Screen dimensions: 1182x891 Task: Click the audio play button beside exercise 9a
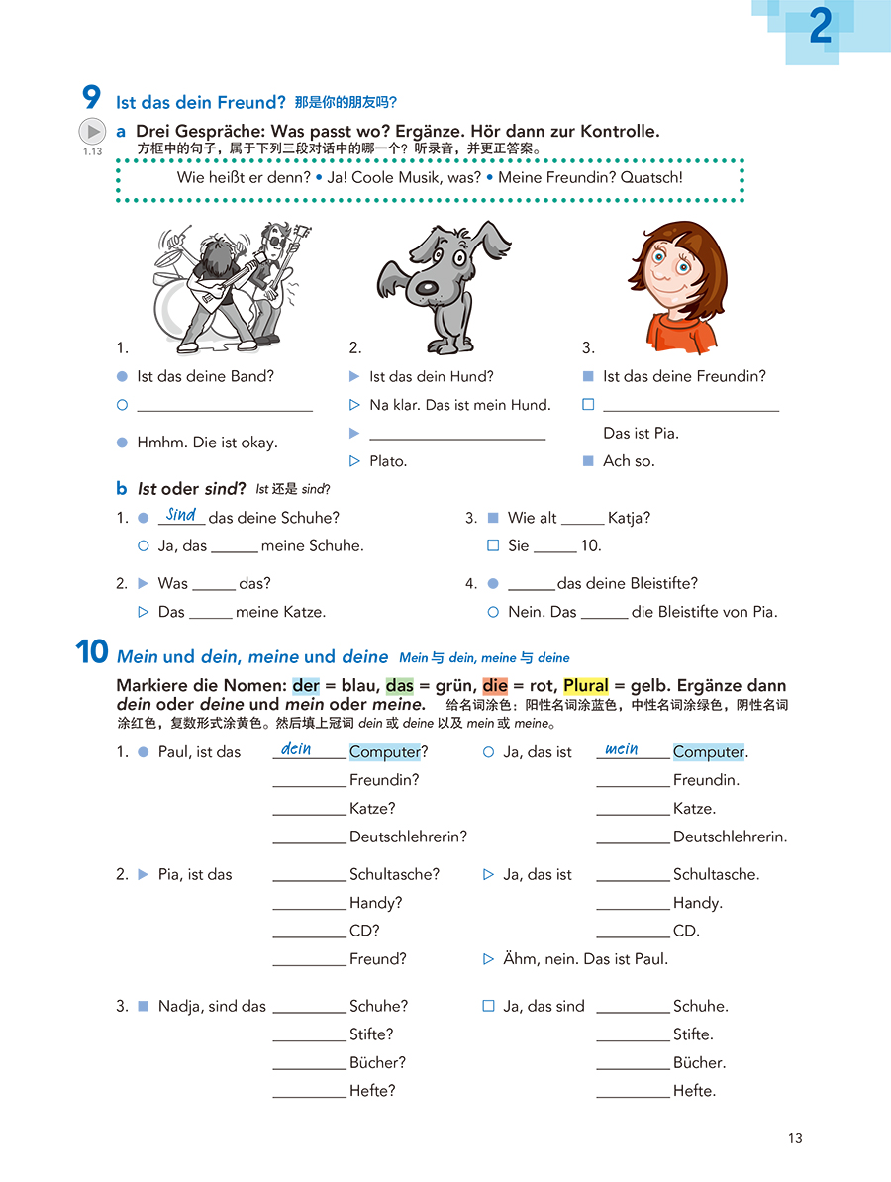click(x=91, y=131)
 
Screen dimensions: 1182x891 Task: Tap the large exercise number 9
click(x=91, y=98)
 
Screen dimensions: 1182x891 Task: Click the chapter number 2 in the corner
click(x=820, y=28)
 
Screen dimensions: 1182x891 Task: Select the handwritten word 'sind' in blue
click(x=181, y=514)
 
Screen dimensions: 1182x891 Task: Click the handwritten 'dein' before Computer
click(x=296, y=749)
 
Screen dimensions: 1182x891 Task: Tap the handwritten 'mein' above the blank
click(x=621, y=749)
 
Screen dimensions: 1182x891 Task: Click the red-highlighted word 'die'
click(x=495, y=685)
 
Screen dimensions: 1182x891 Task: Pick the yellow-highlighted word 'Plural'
click(x=586, y=685)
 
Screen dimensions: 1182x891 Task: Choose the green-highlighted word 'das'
click(x=400, y=685)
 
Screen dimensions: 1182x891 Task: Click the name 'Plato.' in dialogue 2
click(x=388, y=461)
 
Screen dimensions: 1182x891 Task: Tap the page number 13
click(x=795, y=1138)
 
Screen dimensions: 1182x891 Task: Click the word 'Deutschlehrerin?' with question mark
click(x=408, y=837)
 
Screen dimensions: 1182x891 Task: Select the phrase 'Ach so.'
click(x=629, y=461)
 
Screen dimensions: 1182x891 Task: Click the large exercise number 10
click(x=91, y=653)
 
